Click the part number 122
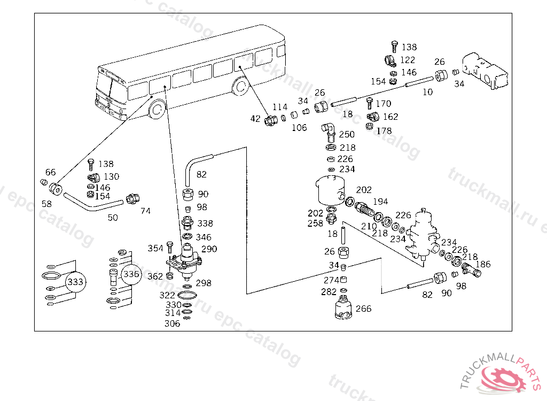click(x=408, y=60)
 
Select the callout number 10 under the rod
click(x=427, y=92)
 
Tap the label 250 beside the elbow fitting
click(x=347, y=135)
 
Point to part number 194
click(x=380, y=202)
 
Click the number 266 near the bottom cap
click(x=363, y=309)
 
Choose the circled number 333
click(x=76, y=282)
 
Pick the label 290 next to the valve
click(x=209, y=249)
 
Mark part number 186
click(x=483, y=264)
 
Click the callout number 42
click(x=255, y=119)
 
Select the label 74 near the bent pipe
click(x=145, y=211)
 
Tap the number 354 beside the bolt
click(x=155, y=249)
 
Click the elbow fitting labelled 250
click(x=329, y=130)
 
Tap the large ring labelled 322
click(x=187, y=296)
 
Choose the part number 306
click(x=172, y=323)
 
